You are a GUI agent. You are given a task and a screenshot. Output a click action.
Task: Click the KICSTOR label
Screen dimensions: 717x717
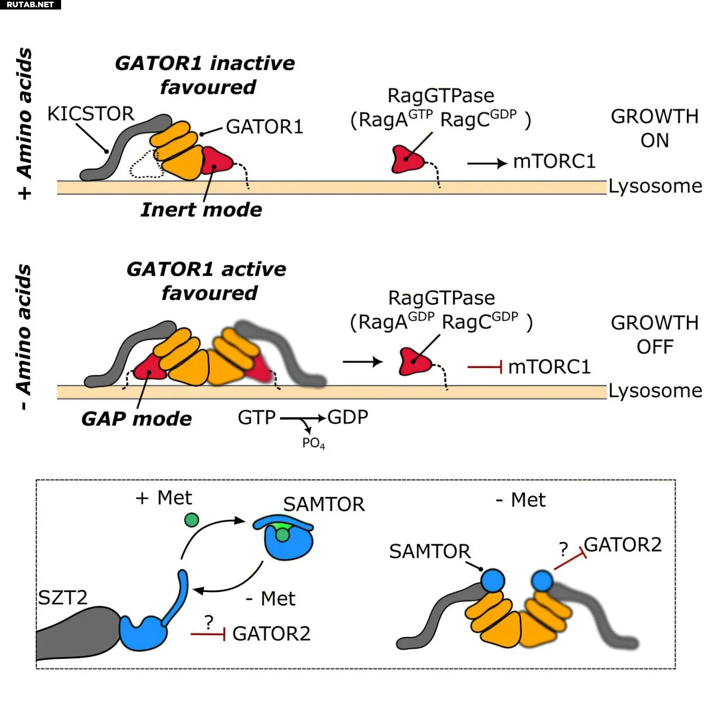pos(90,114)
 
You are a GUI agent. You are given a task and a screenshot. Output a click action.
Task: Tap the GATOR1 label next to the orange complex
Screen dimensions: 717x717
pos(264,127)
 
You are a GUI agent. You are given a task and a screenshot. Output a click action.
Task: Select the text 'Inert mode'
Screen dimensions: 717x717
pos(201,209)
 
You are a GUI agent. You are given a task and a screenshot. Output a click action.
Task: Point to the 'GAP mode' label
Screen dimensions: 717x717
pos(137,419)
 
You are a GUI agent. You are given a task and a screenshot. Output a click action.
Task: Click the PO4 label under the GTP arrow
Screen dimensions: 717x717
pos(313,443)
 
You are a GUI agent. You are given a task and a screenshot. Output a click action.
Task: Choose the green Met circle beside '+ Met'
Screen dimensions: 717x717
pos(192,520)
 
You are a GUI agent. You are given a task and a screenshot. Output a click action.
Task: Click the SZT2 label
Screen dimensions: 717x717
pos(63,598)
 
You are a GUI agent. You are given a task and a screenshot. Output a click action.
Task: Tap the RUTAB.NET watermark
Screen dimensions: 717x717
pos(30,4)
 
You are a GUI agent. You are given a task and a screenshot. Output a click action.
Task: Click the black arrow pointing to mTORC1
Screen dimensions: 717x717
pos(486,164)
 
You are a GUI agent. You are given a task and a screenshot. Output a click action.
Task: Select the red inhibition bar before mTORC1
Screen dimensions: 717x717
pos(485,367)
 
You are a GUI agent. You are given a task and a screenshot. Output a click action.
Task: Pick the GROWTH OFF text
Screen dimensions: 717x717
pos(654,335)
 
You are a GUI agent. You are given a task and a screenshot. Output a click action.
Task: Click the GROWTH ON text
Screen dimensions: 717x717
pos(654,128)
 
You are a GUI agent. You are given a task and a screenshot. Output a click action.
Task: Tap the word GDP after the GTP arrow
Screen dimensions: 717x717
pos(348,417)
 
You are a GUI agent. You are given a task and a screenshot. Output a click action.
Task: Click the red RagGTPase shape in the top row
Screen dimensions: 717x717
pos(407,160)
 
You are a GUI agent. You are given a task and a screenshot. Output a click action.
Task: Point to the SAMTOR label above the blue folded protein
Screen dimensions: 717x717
pos(324,504)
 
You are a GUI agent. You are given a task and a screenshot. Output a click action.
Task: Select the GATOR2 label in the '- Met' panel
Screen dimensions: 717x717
pos(622,544)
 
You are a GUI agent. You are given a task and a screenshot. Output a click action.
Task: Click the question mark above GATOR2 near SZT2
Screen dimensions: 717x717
pos(209,621)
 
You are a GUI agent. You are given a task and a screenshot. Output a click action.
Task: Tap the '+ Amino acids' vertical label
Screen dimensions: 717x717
pos(24,123)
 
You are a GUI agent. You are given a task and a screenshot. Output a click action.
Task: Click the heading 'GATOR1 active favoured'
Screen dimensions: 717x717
pos(207,281)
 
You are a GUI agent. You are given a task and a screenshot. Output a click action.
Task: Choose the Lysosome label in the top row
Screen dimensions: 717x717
pos(655,186)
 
